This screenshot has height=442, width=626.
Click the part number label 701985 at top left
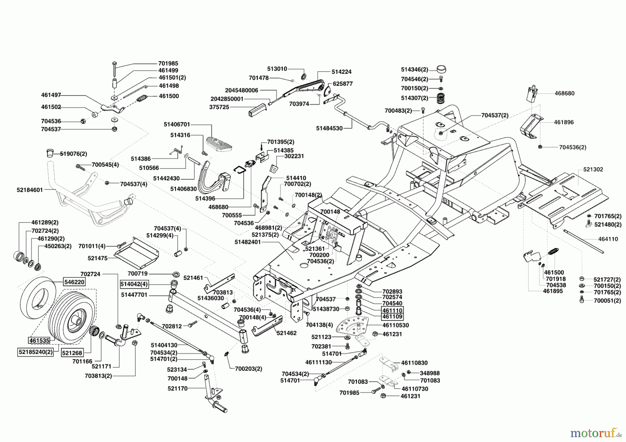coord(168,64)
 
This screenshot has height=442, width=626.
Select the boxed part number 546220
coord(74,282)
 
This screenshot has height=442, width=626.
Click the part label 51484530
coord(329,128)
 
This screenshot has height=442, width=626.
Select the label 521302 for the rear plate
coord(593,170)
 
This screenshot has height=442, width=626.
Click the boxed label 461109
coord(392,317)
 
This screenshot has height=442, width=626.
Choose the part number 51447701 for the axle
coord(134,295)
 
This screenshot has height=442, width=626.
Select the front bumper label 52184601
coord(30,190)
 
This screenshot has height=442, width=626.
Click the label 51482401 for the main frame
coord(248,242)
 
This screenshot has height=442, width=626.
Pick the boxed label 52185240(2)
coord(35,352)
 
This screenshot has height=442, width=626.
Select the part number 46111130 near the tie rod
coord(318,362)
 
